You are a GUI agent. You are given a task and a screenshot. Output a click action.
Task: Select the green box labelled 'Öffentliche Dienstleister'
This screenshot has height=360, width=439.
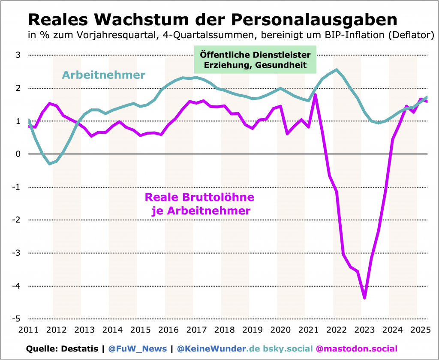coord(256,60)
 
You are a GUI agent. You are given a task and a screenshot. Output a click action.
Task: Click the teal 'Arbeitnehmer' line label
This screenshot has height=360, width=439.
coord(104,75)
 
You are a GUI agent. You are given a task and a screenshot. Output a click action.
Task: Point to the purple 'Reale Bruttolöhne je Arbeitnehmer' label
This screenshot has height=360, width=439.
coord(199,204)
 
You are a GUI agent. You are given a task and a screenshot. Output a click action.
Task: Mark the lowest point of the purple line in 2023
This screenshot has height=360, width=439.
coord(364,297)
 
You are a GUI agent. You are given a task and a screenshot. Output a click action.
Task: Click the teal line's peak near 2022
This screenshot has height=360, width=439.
coord(337,70)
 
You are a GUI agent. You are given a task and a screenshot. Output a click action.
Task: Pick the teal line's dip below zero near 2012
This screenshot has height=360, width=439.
coord(50,164)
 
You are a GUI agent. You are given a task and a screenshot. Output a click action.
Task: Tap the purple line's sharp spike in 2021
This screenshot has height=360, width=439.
coord(315,95)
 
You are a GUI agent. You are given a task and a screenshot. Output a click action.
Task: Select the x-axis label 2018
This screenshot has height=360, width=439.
coord(224,330)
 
